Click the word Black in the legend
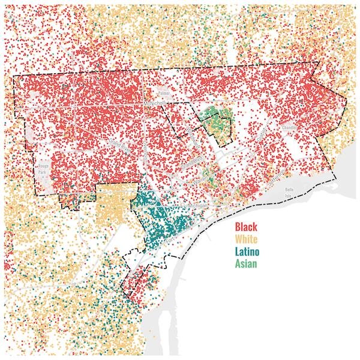pos(246,227)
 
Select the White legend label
pos(246,239)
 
